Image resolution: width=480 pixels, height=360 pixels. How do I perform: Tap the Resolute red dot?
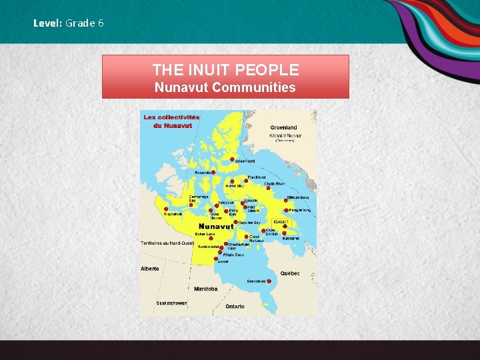213,172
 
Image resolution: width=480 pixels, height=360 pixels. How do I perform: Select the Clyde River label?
274,183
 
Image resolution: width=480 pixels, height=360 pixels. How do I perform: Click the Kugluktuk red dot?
166,209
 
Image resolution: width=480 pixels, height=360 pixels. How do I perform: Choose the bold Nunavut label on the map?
216,226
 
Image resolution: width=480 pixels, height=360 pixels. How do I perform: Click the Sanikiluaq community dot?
269,281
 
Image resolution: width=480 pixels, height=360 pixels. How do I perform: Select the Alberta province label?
150,269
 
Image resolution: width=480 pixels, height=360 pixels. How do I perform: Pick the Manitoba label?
205,289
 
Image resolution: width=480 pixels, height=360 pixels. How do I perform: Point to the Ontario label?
235,306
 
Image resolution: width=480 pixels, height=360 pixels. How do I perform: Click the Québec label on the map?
289,273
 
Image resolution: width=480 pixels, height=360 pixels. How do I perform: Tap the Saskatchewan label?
171,303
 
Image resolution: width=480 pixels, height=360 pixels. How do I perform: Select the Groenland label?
284,127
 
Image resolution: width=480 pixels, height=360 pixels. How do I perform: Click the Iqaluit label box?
280,221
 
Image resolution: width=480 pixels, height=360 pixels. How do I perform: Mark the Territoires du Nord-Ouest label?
167,242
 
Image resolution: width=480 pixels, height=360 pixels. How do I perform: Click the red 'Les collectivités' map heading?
172,117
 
